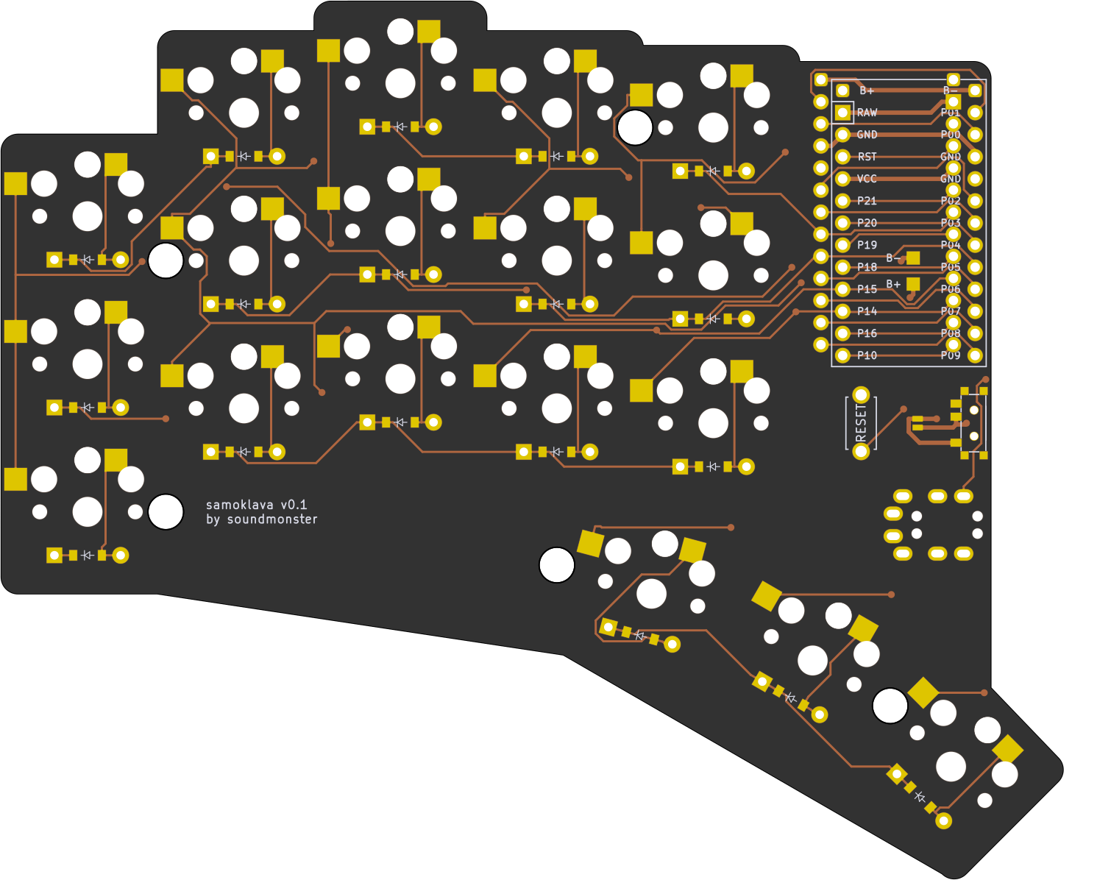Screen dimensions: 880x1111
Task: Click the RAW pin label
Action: (x=867, y=113)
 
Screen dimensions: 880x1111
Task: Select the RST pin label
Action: (x=867, y=157)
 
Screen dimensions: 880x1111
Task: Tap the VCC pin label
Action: (x=867, y=179)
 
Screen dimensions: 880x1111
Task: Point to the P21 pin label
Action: (x=867, y=201)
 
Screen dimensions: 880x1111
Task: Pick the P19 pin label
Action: (x=867, y=245)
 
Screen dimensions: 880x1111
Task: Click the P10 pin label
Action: (x=867, y=355)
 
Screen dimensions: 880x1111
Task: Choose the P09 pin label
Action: (x=951, y=355)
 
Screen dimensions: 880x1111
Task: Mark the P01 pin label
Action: (x=951, y=113)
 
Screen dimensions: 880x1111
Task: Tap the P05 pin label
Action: (x=951, y=267)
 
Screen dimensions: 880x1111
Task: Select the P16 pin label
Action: (x=867, y=333)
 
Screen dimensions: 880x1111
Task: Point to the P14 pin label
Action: (x=867, y=311)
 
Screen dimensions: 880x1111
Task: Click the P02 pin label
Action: (x=951, y=201)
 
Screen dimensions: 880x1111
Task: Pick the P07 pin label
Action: (x=951, y=311)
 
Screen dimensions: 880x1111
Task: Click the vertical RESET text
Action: (x=861, y=422)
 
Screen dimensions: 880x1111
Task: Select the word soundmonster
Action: (x=272, y=519)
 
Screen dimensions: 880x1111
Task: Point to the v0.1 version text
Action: (x=294, y=505)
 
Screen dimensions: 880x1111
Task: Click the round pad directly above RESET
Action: (x=861, y=395)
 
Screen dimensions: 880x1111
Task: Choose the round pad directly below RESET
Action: (x=861, y=451)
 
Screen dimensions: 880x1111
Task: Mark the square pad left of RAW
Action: (x=842, y=113)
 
